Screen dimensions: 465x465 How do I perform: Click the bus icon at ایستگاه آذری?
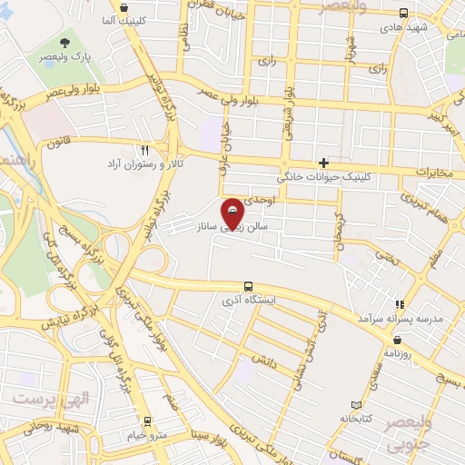(248, 285)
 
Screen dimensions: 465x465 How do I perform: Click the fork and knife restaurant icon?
(144, 150)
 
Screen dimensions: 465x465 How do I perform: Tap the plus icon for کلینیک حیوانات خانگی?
(322, 162)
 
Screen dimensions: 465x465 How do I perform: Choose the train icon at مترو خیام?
(146, 420)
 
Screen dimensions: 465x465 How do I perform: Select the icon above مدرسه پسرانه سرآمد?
(397, 304)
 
